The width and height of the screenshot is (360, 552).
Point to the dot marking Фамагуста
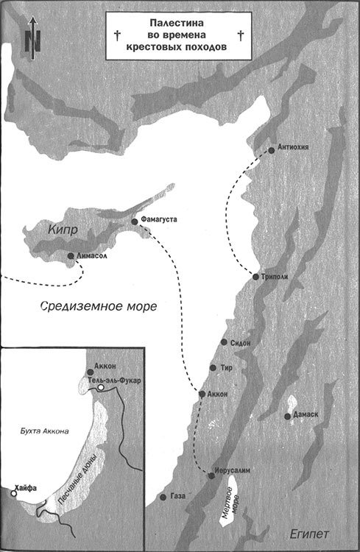coord(134,221)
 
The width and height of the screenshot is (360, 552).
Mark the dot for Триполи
coord(255,277)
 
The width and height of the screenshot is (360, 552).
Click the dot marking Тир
coord(213,367)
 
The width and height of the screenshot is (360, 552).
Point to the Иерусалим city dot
coord(212,476)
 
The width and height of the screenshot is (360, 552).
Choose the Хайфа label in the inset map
coord(26,486)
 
